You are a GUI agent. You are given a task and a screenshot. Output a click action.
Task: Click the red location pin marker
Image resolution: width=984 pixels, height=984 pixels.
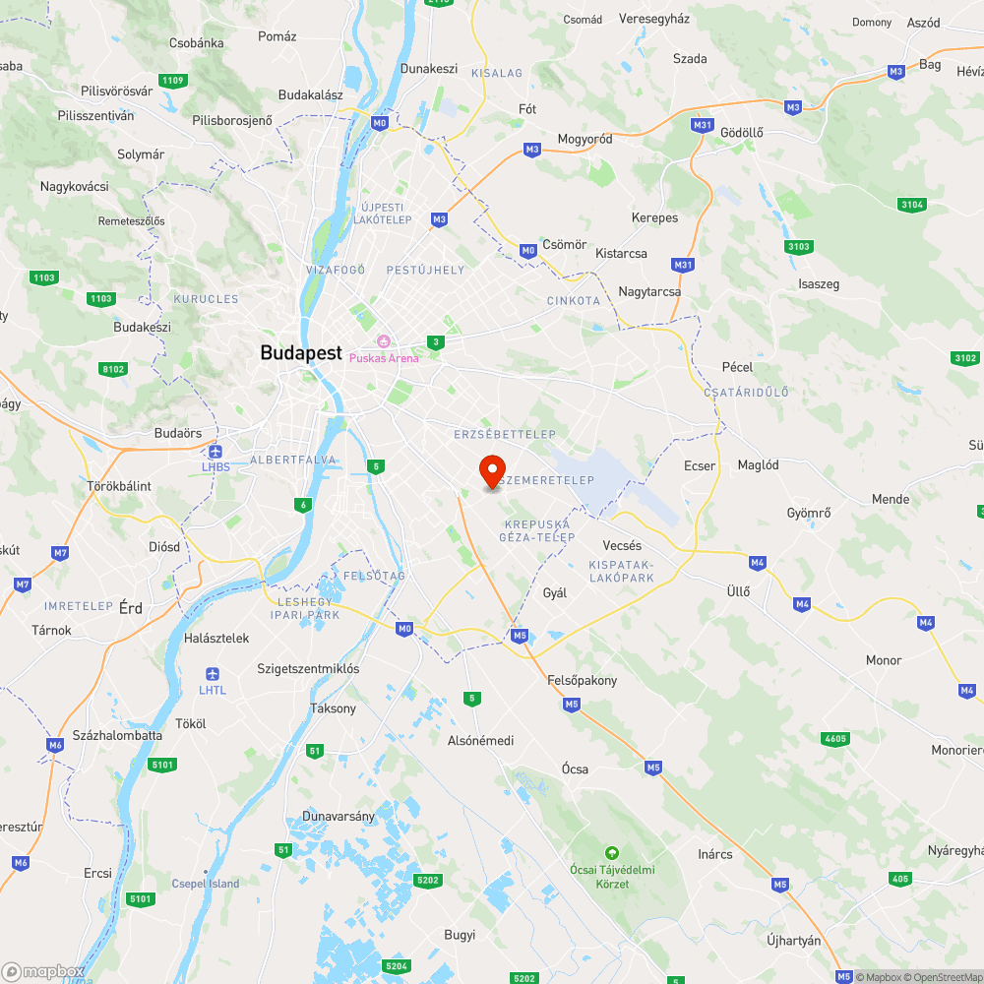[x=491, y=470]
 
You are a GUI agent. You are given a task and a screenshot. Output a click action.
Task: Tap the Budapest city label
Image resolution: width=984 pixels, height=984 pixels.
[x=301, y=352]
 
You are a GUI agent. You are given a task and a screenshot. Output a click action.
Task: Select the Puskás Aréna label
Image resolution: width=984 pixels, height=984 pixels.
[x=384, y=357]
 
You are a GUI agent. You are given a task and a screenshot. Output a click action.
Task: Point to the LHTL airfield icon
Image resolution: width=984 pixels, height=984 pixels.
[x=212, y=674]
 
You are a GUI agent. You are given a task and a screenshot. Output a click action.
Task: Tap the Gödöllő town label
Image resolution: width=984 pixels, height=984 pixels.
[x=742, y=133]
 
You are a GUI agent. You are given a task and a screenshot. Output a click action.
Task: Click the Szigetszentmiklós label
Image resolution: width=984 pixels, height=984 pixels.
[x=308, y=668]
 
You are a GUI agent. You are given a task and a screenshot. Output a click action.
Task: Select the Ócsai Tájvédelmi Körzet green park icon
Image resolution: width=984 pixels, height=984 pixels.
[x=612, y=852]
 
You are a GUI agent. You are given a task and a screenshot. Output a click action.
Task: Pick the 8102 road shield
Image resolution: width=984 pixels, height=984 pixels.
[x=114, y=369]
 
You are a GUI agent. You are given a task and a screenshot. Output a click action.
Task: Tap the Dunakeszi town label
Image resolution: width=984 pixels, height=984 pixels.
[x=429, y=69]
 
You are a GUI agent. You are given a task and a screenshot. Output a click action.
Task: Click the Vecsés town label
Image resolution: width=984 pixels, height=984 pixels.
[x=622, y=545]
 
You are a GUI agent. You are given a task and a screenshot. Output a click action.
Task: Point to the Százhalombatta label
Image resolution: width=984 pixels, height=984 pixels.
[x=117, y=735]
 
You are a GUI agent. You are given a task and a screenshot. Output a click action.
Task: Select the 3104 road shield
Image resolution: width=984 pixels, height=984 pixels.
[x=912, y=205]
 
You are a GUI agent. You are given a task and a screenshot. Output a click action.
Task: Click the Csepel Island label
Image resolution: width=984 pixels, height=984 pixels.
[x=205, y=884]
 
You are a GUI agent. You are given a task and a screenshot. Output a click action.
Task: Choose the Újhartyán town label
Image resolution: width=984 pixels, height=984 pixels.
[x=793, y=941]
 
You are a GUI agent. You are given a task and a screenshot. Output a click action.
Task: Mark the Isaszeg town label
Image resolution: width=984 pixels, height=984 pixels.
[x=819, y=284]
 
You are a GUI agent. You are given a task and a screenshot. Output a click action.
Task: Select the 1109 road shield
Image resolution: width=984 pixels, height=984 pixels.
[x=172, y=80]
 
